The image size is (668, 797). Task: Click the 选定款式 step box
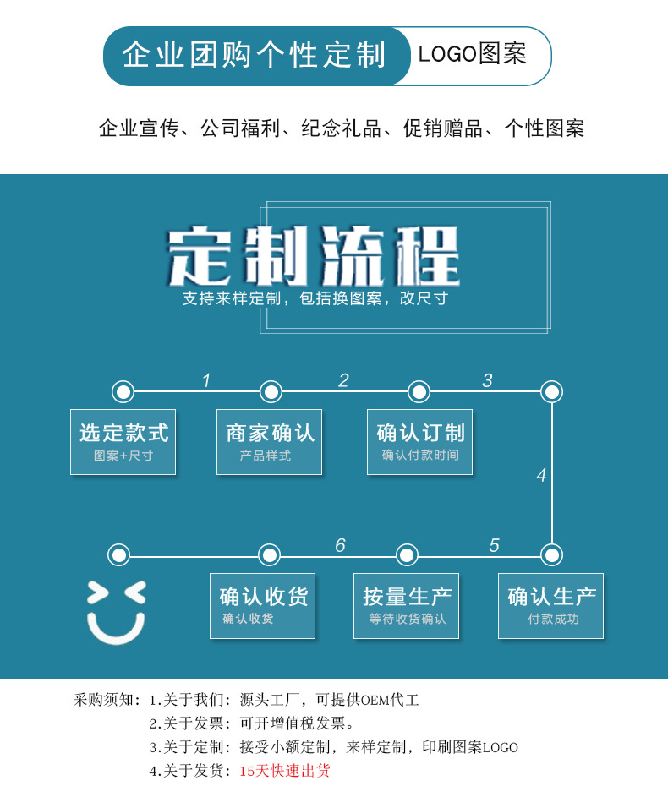click(123, 442)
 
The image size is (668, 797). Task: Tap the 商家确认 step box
click(270, 442)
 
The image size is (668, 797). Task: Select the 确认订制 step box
click(420, 442)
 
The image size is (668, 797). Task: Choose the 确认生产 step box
click(551, 606)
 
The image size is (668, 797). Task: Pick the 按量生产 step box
click(407, 606)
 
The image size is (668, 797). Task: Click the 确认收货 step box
click(263, 606)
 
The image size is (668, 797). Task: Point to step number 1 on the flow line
click(205, 380)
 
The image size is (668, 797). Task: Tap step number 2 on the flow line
click(343, 380)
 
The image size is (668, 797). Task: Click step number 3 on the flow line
click(487, 380)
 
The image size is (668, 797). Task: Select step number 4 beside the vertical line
click(541, 475)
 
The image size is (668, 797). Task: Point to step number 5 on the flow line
click(494, 545)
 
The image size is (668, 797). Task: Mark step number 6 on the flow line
click(340, 545)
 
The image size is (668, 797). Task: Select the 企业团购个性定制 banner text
click(254, 55)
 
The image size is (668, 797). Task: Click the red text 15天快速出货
click(285, 771)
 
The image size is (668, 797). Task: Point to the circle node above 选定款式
click(123, 391)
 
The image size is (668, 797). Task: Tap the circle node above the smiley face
click(119, 554)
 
